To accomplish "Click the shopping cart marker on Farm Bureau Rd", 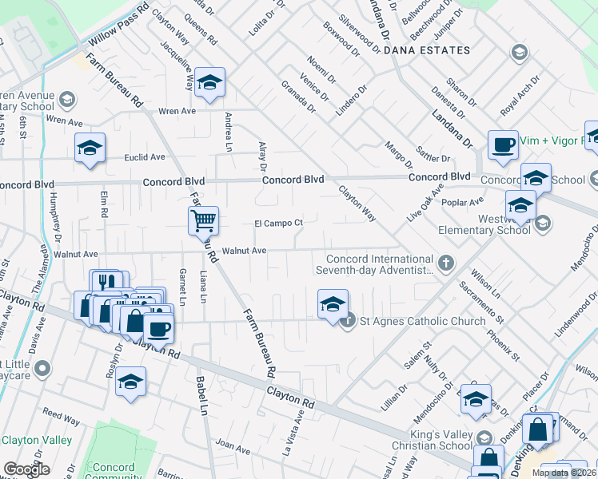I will (x=204, y=220).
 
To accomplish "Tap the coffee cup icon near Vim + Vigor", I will (x=503, y=144).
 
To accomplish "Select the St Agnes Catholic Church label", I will (x=422, y=321).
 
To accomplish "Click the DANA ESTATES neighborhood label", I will (x=427, y=50).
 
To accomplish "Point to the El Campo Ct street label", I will (x=278, y=224).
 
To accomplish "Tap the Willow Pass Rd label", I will (x=119, y=26).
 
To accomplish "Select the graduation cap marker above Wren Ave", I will (x=209, y=82).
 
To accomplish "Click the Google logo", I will (x=26, y=469).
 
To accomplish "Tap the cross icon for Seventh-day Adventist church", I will (x=446, y=262).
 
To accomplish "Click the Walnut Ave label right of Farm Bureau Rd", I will (x=244, y=251).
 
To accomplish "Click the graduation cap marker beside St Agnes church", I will (x=333, y=303).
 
